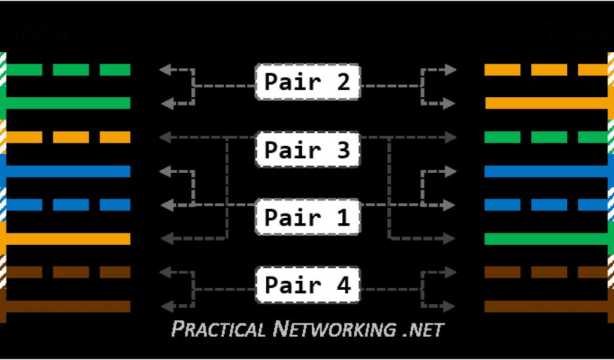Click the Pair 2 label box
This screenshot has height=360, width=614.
pyautogui.click(x=308, y=82)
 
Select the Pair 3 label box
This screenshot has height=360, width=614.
pyautogui.click(x=308, y=149)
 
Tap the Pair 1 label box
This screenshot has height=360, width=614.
pyautogui.click(x=308, y=217)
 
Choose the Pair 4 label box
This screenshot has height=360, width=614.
pyautogui.click(x=308, y=284)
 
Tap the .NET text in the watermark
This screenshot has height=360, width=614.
pyautogui.click(x=422, y=329)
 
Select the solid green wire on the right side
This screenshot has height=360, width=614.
pyautogui.click(x=546, y=239)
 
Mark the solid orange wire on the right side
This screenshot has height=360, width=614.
pyautogui.click(x=546, y=103)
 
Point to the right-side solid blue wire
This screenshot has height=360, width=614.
pyautogui.click(x=546, y=171)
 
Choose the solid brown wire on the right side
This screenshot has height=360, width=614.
pyautogui.click(x=546, y=306)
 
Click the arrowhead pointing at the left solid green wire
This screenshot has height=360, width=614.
pyautogui.click(x=164, y=103)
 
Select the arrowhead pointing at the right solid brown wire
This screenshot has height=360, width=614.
pyautogui.click(x=450, y=306)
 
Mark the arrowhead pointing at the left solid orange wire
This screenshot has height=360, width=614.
pyautogui.click(x=164, y=239)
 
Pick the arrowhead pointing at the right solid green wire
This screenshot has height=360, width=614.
pyautogui.click(x=450, y=239)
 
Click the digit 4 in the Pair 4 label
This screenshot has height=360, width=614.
pyautogui.click(x=344, y=284)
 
